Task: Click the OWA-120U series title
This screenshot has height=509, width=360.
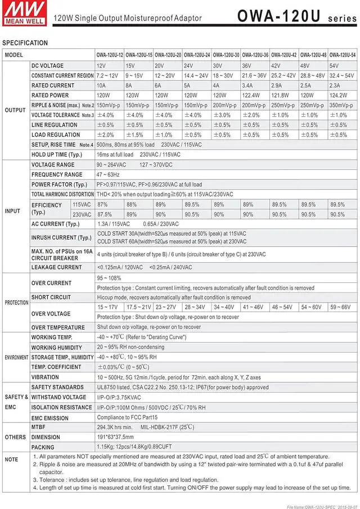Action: pos(296,16)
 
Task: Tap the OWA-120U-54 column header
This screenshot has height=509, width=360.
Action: pos(342,55)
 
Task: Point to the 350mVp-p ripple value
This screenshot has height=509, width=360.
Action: pos(341,105)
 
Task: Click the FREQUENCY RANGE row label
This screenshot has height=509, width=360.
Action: pos(57,174)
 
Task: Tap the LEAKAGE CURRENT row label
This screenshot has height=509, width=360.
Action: pos(57,267)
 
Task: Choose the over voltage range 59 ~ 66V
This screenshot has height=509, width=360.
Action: pos(340,307)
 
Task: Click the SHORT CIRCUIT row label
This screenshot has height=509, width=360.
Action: pos(51,297)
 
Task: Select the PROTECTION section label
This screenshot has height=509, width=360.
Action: pos(16,303)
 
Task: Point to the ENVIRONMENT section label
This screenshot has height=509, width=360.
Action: pos(16,357)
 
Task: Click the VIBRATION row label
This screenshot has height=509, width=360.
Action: pos(45,377)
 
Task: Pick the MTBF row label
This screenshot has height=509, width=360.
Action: pos(39,427)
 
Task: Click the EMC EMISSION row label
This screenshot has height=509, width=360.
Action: pos(50,418)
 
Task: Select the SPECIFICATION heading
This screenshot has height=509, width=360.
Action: pos(25,43)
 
